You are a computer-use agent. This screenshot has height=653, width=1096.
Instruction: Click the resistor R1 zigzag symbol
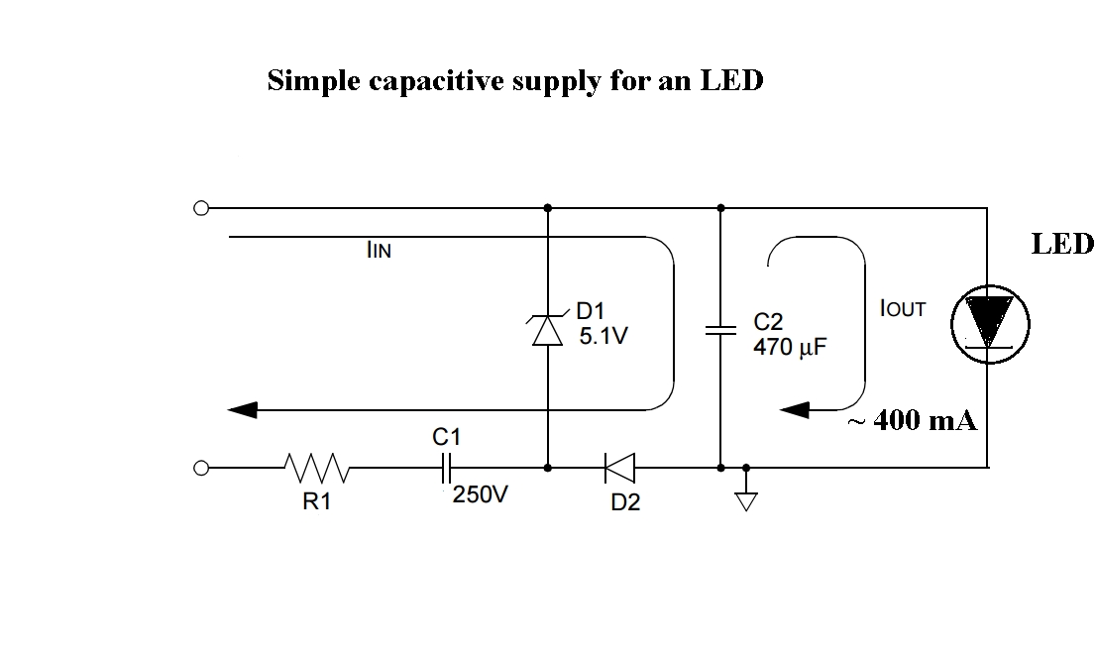[x=315, y=466]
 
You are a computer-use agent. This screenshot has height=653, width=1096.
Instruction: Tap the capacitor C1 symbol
[x=447, y=466]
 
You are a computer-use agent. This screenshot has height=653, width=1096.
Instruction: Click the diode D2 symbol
[x=620, y=466]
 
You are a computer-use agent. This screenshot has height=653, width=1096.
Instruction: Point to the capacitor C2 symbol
[x=720, y=331]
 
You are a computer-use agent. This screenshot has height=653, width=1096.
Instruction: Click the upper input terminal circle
[x=201, y=208]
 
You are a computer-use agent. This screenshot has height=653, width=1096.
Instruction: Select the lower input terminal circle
[x=201, y=466]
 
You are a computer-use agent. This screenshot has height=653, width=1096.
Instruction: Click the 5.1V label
[x=603, y=337]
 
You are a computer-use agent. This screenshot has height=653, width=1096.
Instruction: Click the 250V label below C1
[x=480, y=494]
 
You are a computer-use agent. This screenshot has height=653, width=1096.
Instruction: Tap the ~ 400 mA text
[x=912, y=421]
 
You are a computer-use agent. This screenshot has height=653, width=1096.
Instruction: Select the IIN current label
[x=379, y=251]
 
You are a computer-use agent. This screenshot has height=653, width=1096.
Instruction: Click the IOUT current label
[x=902, y=309]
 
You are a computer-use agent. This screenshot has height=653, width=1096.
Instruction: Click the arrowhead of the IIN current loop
[x=243, y=408]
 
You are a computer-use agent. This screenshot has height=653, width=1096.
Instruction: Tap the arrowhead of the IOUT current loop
[x=796, y=408]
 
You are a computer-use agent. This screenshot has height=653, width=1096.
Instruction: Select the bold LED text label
[x=1061, y=244]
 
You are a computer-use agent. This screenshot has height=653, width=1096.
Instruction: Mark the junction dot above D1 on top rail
[x=548, y=208]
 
